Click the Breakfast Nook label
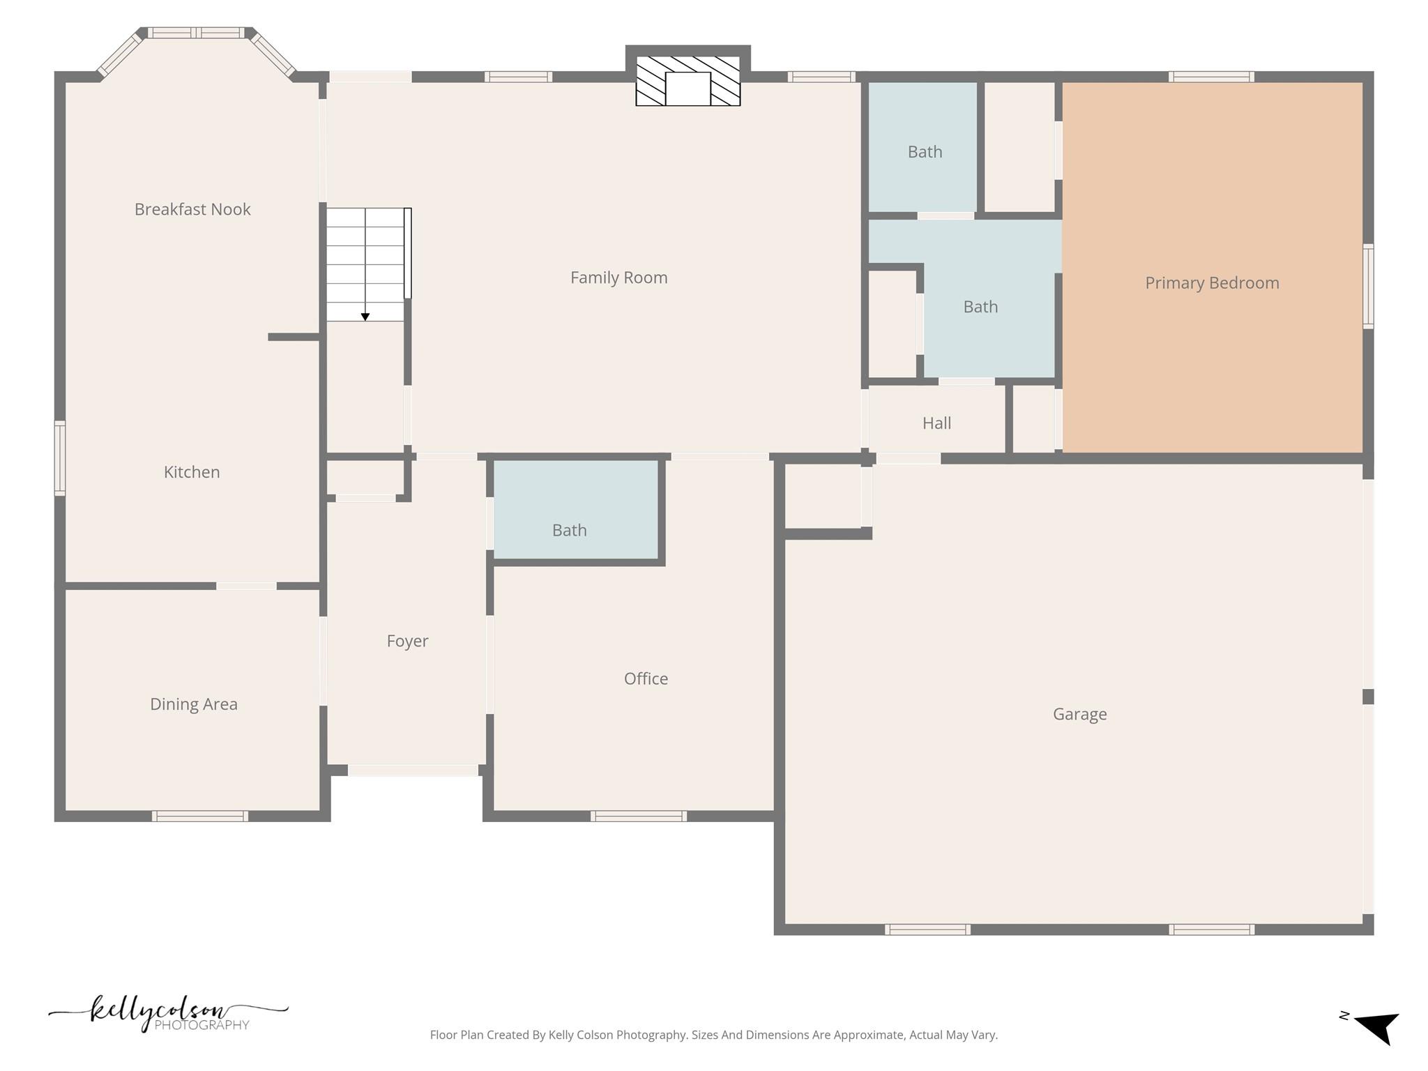click(192, 209)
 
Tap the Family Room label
click(618, 278)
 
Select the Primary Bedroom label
click(1212, 283)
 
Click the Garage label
click(1079, 714)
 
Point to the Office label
click(646, 678)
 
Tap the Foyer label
click(407, 641)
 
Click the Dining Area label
click(194, 704)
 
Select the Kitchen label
click(192, 472)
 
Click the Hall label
click(936, 423)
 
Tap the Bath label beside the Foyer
click(569, 531)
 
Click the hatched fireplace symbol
click(688, 81)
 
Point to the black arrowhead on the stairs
click(365, 317)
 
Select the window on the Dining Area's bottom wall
click(200, 816)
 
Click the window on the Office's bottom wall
click(638, 816)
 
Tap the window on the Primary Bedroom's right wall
click(1368, 286)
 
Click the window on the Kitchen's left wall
click(60, 458)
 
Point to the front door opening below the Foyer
click(413, 770)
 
